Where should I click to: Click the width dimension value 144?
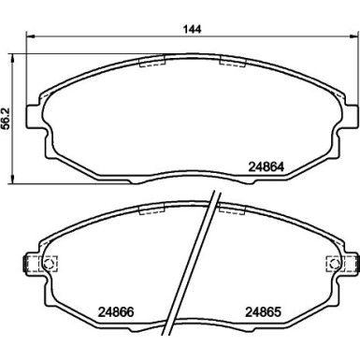coord(192,29)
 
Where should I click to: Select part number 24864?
coord(266,167)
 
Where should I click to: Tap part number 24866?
coord(116,312)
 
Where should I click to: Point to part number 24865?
coord(264,312)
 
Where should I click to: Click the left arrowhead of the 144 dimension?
coord(29,36)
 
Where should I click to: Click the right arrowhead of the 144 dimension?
coord(353,36)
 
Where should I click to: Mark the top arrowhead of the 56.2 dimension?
coord(12,57)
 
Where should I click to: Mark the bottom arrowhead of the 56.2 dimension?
coord(12,180)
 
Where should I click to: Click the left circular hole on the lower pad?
coord(48,264)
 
